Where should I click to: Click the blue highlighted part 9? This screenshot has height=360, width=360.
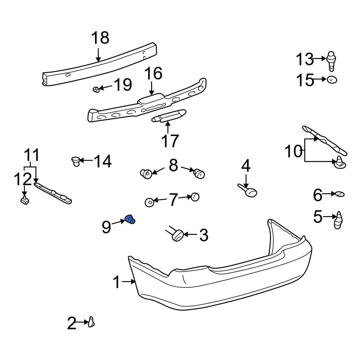pyautogui.click(x=130, y=219)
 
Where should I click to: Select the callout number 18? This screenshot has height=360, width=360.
pyautogui.click(x=100, y=38)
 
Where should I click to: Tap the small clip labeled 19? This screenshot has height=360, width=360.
pyautogui.click(x=96, y=89)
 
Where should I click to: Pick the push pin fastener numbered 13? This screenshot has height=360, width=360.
pyautogui.click(x=332, y=61)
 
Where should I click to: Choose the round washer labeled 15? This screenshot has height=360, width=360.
pyautogui.click(x=332, y=80)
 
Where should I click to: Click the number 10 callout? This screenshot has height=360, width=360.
pyautogui.click(x=294, y=152)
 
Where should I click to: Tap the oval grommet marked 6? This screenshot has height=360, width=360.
pyautogui.click(x=339, y=194)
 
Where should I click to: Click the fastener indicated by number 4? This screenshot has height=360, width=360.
pyautogui.click(x=248, y=191)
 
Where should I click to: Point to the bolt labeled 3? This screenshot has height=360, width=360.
pyautogui.click(x=177, y=236)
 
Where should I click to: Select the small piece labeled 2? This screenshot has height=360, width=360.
pyautogui.click(x=91, y=321)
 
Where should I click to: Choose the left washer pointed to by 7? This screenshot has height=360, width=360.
pyautogui.click(x=149, y=202)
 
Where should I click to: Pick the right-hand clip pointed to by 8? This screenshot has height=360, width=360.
pyautogui.click(x=199, y=174)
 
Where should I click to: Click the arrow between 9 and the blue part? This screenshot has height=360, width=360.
pyautogui.click(x=118, y=222)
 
